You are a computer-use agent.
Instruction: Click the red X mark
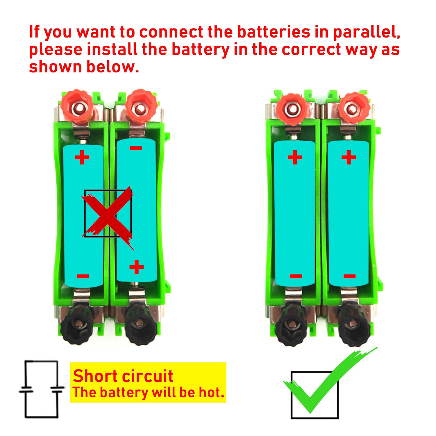108,217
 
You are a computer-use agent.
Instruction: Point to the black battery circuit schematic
41,389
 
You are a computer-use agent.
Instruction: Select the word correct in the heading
311,49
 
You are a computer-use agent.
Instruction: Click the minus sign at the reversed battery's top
136,148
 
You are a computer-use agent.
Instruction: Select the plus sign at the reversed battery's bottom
136,267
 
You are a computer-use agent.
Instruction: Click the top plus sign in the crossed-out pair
82,157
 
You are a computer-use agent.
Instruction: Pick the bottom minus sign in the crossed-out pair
83,276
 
